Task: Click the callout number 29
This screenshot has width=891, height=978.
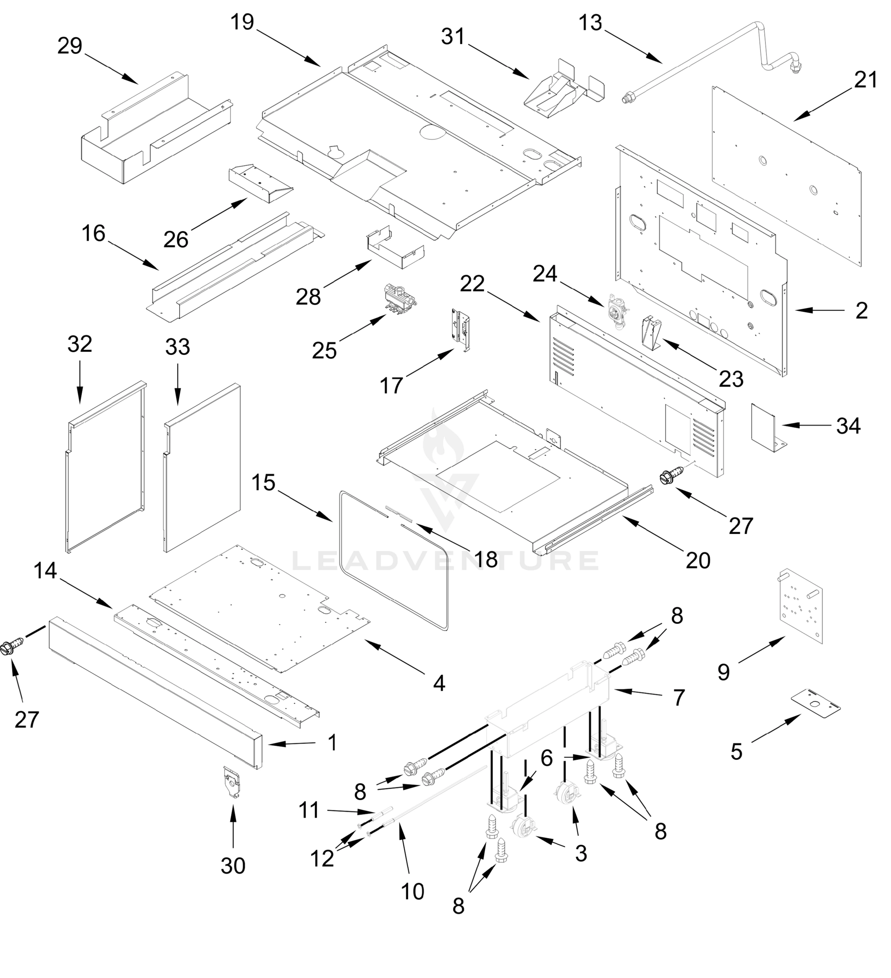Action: pos(69,46)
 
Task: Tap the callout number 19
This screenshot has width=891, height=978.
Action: pos(242,22)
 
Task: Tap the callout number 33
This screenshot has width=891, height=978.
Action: pos(177,347)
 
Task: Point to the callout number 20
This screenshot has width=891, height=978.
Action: pos(698,560)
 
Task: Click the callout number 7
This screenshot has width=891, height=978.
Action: pos(679,698)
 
